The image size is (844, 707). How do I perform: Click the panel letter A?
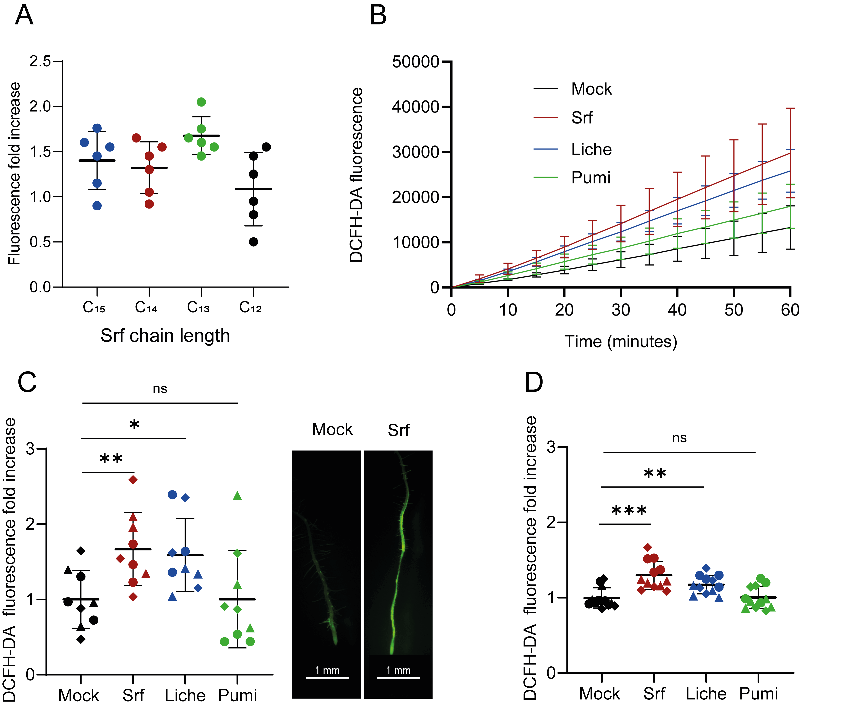[24, 16]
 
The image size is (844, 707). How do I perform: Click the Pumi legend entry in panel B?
[591, 177]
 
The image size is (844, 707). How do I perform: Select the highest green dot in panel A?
[201, 102]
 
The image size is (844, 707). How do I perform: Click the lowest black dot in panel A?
[253, 242]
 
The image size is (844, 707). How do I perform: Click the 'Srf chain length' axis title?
[165, 335]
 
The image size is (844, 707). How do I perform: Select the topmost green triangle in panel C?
[237, 496]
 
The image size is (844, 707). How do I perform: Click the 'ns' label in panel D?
[679, 438]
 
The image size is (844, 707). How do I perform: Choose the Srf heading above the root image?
[398, 430]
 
